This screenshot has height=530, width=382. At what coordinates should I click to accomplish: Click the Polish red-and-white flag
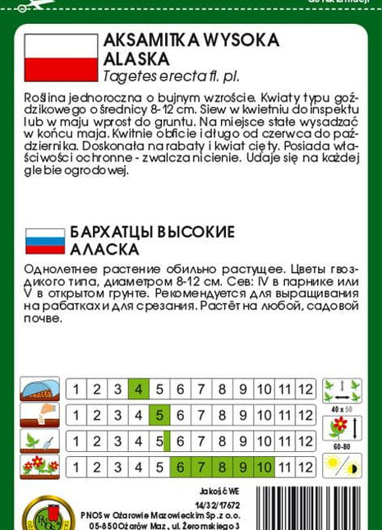tap(61, 58)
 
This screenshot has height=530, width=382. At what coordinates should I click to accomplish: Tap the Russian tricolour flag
tap(45, 241)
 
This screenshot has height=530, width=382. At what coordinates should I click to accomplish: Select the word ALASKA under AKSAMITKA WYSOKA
tap(136, 58)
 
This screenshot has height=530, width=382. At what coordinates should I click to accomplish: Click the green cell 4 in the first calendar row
tap(138, 389)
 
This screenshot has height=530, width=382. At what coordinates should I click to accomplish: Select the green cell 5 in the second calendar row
tap(159, 416)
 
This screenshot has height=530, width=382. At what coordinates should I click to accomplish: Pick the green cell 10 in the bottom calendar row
tap(265, 468)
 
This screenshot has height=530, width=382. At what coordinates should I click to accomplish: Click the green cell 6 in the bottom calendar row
tap(180, 468)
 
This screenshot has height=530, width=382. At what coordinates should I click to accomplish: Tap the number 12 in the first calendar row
tap(306, 389)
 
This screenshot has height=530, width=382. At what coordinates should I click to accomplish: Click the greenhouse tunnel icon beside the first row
tap(40, 389)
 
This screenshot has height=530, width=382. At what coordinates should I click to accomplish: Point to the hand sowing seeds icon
tap(40, 415)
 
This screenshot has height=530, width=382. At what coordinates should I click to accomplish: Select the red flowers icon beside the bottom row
tap(40, 468)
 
